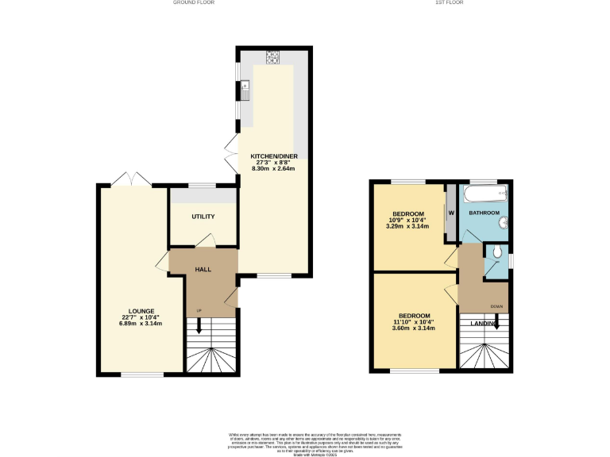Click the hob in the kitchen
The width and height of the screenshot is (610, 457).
(273, 56)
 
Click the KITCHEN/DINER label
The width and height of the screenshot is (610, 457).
(273, 156)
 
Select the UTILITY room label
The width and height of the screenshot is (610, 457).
(203, 217)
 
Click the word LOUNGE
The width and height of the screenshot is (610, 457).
(141, 310)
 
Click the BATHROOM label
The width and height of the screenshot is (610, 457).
(484, 213)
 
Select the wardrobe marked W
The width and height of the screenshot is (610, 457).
(450, 212)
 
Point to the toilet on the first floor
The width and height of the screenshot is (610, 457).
(496, 254)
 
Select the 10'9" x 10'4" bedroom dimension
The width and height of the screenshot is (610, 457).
(407, 220)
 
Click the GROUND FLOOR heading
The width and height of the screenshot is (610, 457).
(193, 3)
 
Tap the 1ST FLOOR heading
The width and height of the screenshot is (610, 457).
(449, 3)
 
